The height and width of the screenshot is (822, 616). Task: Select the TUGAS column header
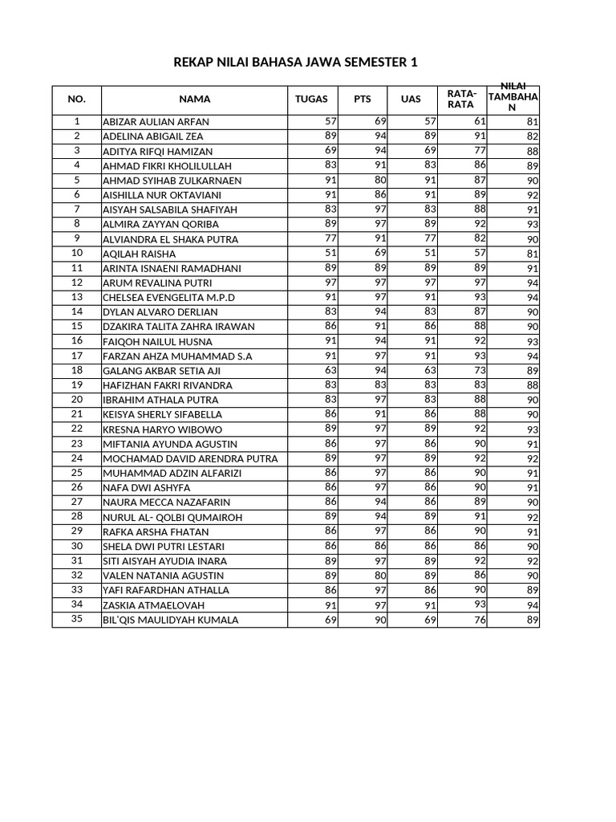[312, 100]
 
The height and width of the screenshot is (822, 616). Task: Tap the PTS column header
[363, 100]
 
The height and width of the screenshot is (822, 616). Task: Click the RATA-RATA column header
[461, 99]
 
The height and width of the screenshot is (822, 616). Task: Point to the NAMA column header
[194, 100]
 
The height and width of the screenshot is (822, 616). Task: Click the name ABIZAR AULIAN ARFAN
[156, 122]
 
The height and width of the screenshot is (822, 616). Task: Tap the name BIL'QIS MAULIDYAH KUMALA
[171, 621]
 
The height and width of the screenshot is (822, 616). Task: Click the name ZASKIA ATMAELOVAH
[154, 605]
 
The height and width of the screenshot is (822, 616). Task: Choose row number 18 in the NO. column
[77, 370]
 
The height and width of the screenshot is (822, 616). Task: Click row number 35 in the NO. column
[77, 619]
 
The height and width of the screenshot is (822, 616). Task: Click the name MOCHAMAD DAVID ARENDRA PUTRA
[190, 458]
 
